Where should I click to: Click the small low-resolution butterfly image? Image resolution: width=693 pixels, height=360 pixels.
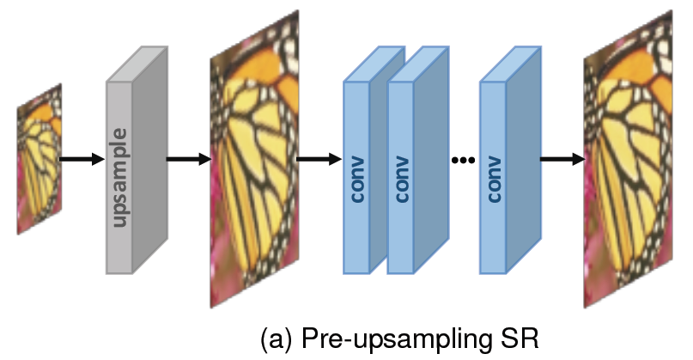(40, 159)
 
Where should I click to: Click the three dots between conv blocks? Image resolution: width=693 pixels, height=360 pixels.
(463, 160)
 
